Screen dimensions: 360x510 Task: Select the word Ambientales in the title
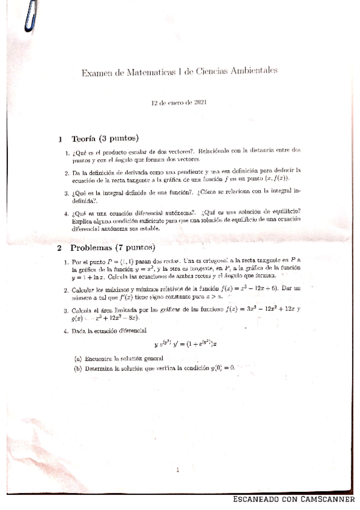pos(252,70)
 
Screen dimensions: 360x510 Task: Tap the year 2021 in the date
pos(201,103)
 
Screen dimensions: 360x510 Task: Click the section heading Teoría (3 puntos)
pos(106,138)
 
